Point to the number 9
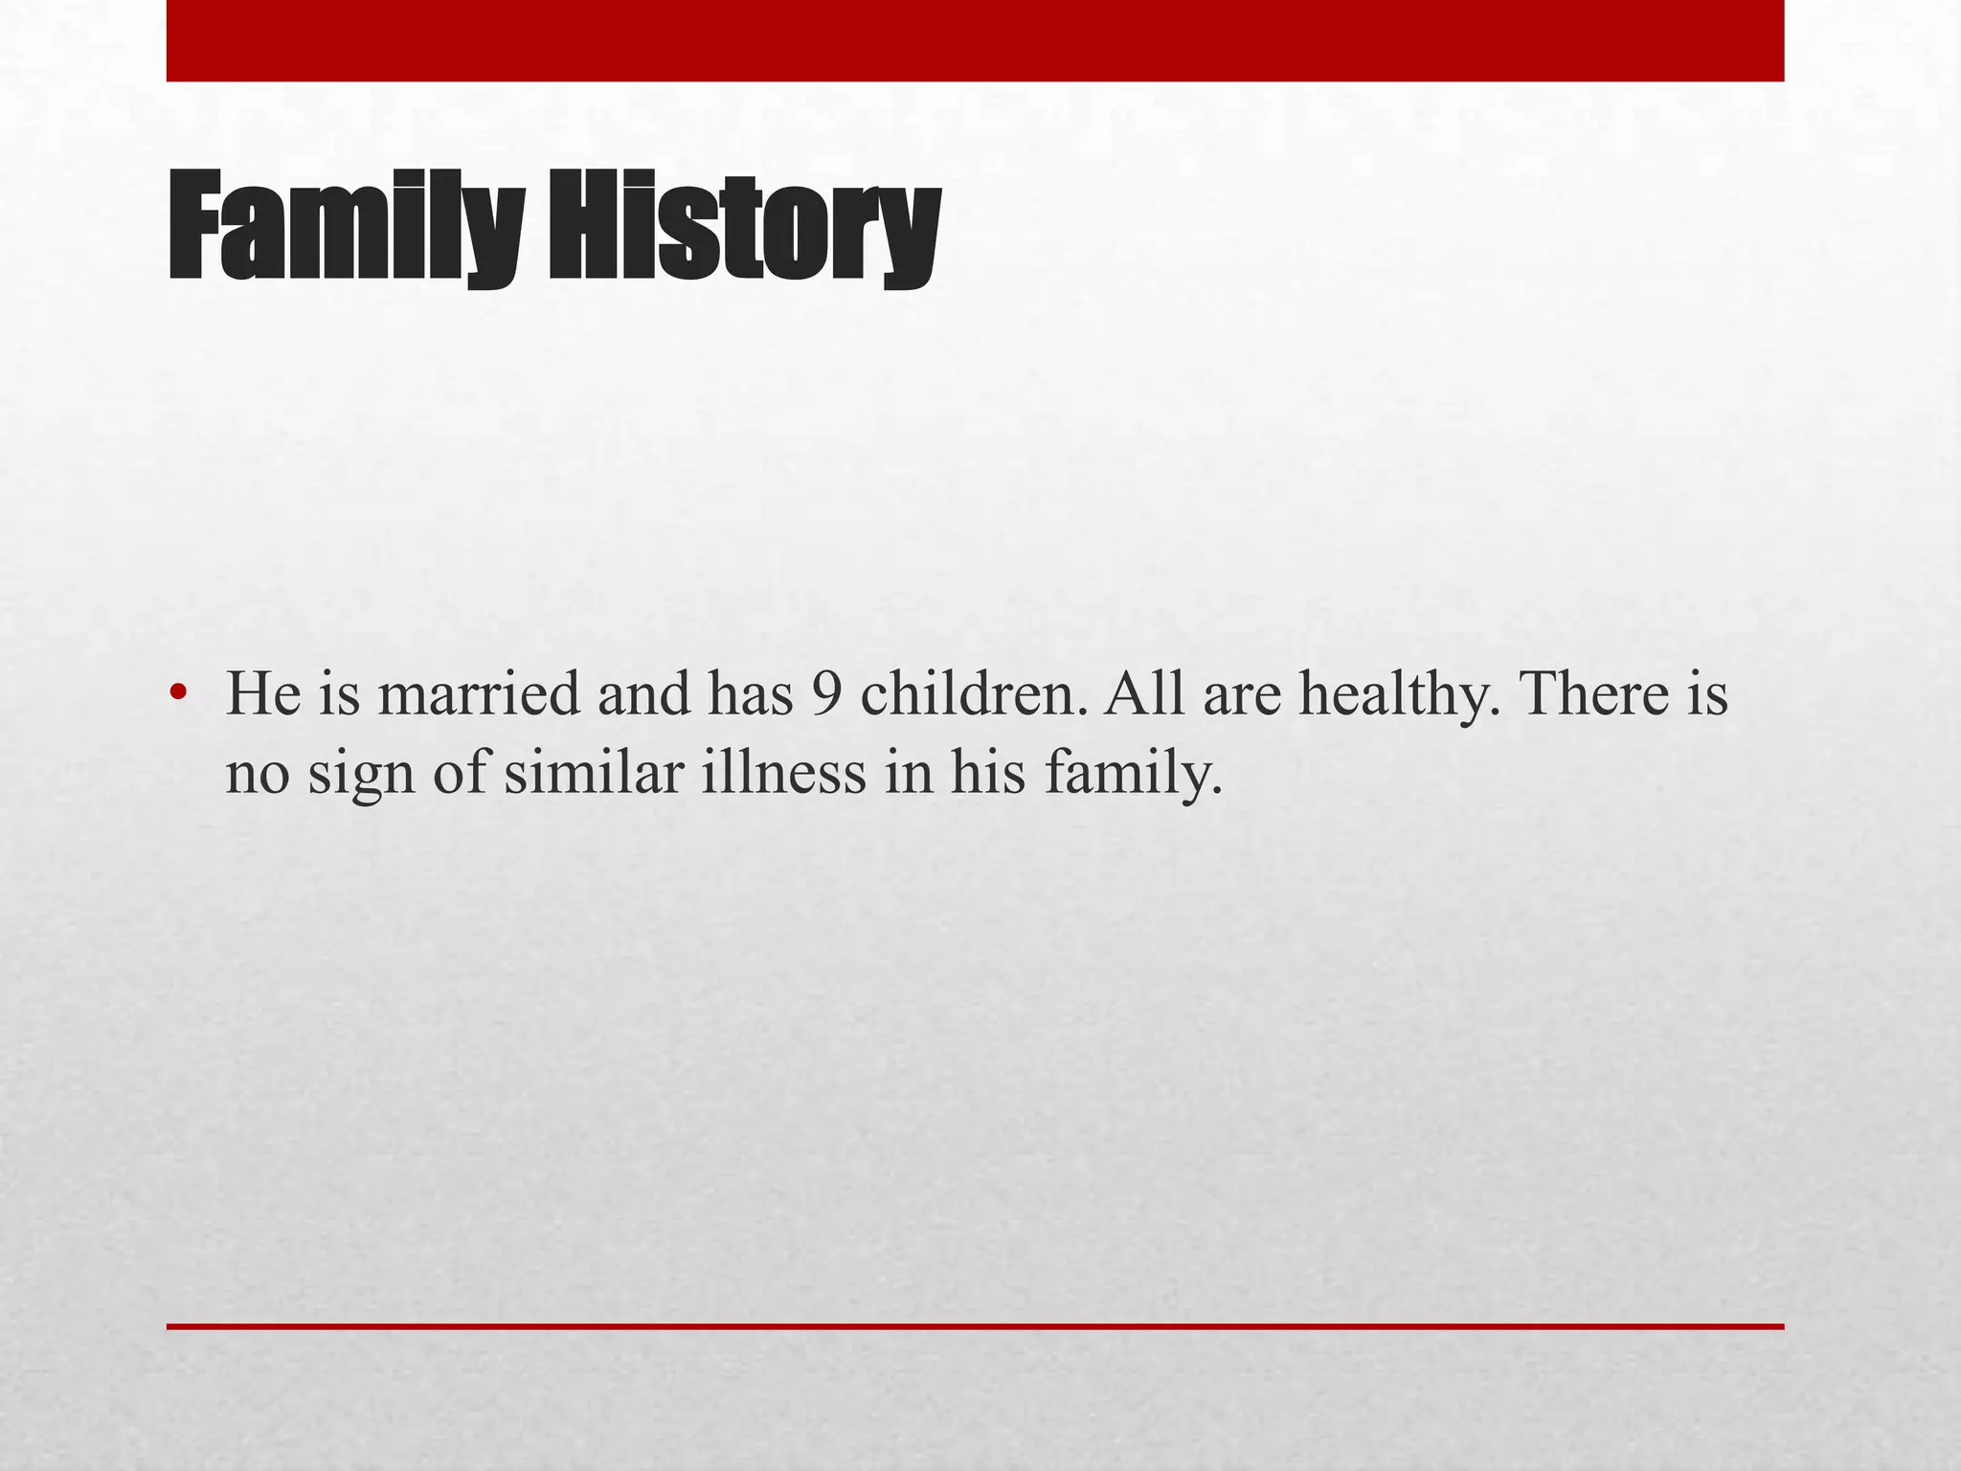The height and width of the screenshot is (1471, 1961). click(x=827, y=693)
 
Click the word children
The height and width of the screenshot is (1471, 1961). click(x=975, y=693)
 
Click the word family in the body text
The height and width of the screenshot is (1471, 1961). click(x=1134, y=774)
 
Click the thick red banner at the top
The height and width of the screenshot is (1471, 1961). click(x=975, y=40)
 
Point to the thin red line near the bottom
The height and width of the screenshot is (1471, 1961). click(x=975, y=1326)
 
